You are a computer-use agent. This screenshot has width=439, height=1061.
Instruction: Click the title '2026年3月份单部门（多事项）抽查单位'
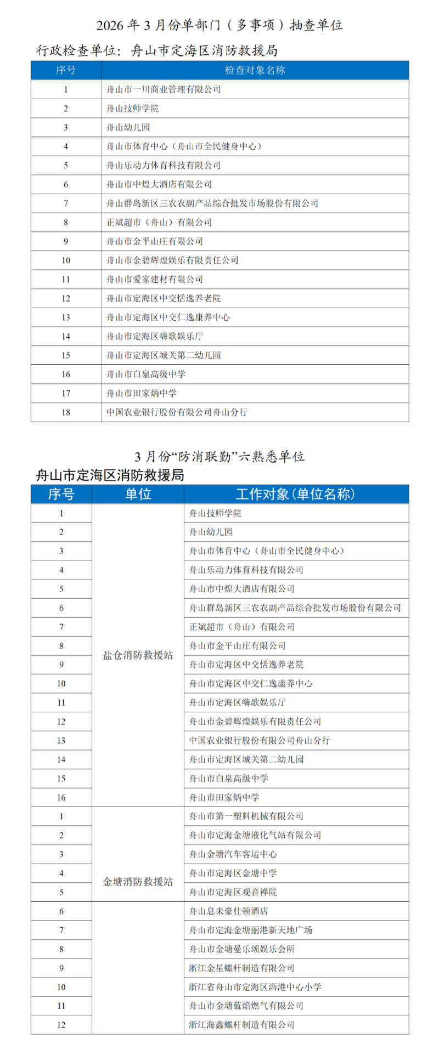tap(219, 25)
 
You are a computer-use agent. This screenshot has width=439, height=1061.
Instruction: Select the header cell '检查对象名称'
tap(255, 70)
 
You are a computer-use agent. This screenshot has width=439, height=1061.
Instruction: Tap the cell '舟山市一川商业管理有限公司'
tap(164, 89)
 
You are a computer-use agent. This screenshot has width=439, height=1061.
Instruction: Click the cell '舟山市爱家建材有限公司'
tap(155, 279)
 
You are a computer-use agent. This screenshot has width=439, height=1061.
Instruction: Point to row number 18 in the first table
tap(66, 412)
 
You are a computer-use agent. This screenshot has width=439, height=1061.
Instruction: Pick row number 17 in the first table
tap(66, 393)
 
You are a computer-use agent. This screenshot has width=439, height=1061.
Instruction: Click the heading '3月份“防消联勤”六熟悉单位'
tap(219, 456)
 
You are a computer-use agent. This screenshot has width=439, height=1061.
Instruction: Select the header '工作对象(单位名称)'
tap(296, 494)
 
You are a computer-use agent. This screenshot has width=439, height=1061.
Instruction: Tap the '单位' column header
tap(138, 494)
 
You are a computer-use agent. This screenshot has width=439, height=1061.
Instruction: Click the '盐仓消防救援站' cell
tap(138, 655)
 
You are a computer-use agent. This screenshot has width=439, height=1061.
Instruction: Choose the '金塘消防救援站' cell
tap(138, 882)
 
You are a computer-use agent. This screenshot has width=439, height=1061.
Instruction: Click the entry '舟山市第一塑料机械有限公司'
tap(246, 816)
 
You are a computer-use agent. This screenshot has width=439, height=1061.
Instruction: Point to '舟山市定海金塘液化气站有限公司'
tap(255, 835)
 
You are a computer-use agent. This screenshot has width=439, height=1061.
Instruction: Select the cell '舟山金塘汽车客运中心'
tap(233, 854)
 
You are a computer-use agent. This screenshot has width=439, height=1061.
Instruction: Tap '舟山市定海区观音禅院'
tap(233, 892)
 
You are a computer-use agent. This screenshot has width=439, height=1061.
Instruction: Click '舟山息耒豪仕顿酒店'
tap(229, 911)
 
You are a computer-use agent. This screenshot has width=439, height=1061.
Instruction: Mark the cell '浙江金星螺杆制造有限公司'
tap(242, 968)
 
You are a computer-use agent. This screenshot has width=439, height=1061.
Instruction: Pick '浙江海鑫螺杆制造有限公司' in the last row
tap(242, 1024)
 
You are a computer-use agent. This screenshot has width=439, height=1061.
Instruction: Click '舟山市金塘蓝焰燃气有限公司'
tap(246, 1006)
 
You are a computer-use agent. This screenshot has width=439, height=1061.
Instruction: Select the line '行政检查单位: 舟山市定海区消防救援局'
tap(157, 51)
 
